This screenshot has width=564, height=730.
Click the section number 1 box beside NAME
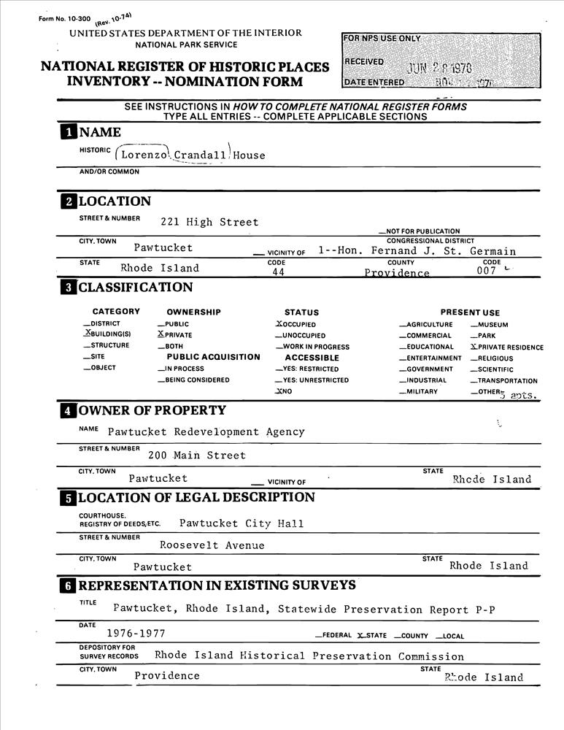click(x=67, y=132)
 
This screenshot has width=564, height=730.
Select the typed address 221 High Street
click(x=209, y=222)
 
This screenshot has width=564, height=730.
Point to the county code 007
click(x=487, y=271)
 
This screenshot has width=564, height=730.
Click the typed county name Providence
click(x=397, y=273)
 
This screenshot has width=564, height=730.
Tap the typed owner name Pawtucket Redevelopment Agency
click(x=206, y=432)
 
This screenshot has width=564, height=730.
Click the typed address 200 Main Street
click(x=196, y=456)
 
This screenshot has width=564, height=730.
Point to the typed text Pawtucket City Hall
click(x=242, y=523)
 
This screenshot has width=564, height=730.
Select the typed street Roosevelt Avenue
click(x=212, y=545)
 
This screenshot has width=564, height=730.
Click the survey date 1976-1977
click(x=136, y=634)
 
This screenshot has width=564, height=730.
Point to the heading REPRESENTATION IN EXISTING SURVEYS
click(x=217, y=585)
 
